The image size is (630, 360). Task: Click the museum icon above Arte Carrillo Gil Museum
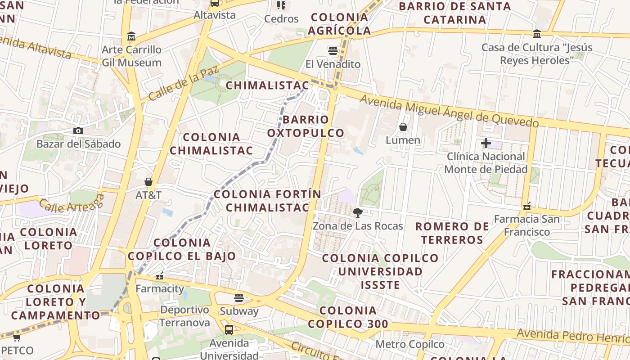(x=131, y=36)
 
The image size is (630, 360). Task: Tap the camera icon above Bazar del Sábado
(x=78, y=131)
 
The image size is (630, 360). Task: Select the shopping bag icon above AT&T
(x=148, y=182)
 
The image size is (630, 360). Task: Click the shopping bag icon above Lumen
(x=403, y=127)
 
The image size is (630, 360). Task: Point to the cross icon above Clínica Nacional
(x=486, y=144)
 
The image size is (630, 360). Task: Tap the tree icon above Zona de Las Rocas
(x=358, y=212)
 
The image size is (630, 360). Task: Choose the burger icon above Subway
(x=239, y=298)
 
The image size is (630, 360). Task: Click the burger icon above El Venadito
(x=333, y=51)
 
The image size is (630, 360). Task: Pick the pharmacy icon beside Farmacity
(x=159, y=275)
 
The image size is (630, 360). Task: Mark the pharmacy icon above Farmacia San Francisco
(x=527, y=206)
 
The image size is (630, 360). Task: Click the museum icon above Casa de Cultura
(x=537, y=34)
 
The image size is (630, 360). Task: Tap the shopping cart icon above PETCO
(x=17, y=337)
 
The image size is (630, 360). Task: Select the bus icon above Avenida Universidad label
(x=229, y=330)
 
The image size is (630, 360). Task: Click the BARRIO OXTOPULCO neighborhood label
(x=306, y=126)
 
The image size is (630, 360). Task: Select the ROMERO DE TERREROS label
(x=452, y=233)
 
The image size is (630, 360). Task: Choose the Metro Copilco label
(x=409, y=345)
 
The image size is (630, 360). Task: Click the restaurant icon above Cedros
(x=281, y=5)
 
